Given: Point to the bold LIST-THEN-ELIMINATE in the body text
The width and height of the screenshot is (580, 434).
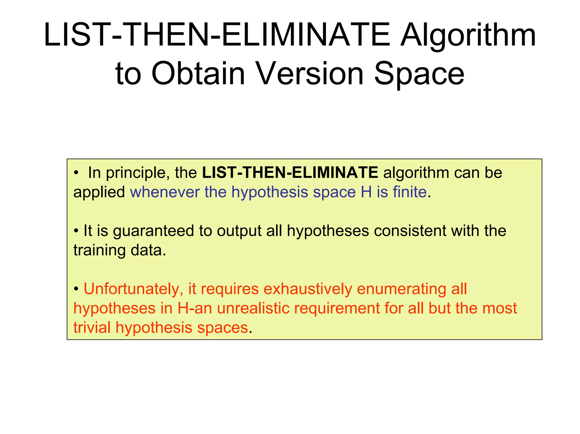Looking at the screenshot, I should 290,173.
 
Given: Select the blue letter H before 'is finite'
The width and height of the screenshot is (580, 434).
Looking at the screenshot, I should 366,192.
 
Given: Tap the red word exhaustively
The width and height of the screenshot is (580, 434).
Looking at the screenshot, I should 308,289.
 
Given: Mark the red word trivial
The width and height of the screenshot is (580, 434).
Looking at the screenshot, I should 92,328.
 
